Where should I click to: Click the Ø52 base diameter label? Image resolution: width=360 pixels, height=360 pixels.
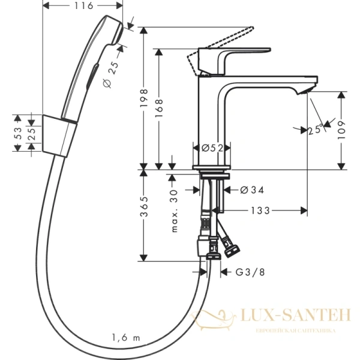click(210, 148)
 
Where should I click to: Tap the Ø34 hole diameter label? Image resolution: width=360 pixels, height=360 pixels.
click(252, 190)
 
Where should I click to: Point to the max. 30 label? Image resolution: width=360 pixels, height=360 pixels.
click(176, 210)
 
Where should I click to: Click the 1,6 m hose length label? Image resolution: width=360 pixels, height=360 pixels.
click(125, 338)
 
